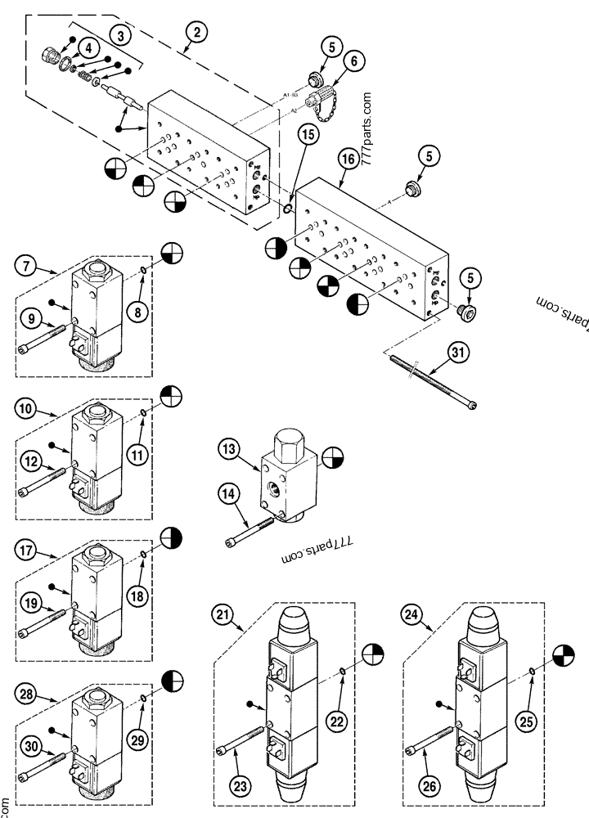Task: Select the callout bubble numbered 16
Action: pos(348,160)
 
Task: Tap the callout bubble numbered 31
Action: pos(460,353)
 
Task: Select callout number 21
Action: pos(223,614)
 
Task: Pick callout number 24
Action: pos(413,614)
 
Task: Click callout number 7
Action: pos(26,266)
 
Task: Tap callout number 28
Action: pos(26,694)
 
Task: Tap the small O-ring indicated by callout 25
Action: pos(532,672)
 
